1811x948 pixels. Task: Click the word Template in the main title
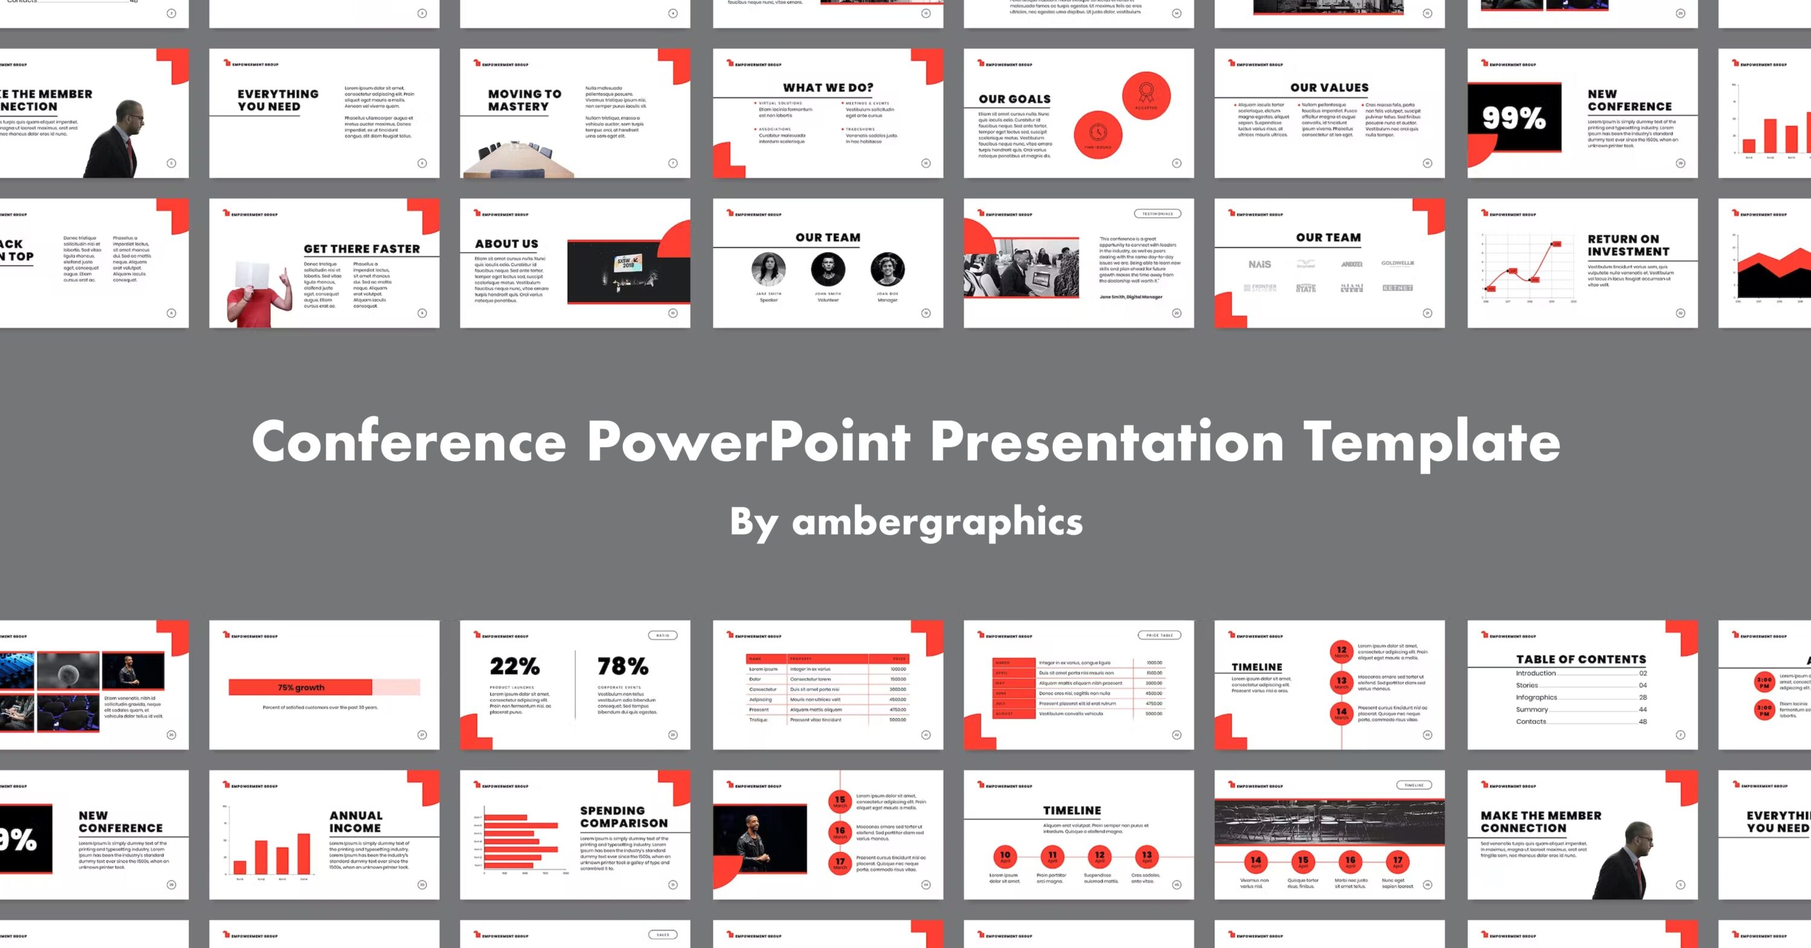[x=1431, y=441]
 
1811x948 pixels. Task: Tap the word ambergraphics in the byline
[x=937, y=522]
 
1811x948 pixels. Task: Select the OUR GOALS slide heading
[x=1015, y=99]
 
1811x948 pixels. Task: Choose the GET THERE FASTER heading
[x=362, y=249]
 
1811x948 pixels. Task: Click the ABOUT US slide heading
[x=506, y=244]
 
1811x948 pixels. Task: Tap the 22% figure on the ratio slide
[x=514, y=665]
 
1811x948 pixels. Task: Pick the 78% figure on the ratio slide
[x=622, y=665]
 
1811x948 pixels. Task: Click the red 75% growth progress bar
[x=301, y=687]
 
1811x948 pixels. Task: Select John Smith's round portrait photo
[x=828, y=269]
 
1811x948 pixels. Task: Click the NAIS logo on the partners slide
[x=1259, y=264]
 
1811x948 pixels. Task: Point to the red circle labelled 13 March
[x=1341, y=682]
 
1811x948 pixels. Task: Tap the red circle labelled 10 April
[x=1005, y=857]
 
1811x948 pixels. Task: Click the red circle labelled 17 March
[x=840, y=862]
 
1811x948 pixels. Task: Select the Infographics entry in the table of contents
[x=1536, y=697]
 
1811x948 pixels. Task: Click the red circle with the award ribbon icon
[x=1146, y=94]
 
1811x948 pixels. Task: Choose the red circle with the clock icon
[x=1097, y=133]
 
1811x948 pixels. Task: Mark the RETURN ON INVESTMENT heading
[x=1627, y=245]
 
